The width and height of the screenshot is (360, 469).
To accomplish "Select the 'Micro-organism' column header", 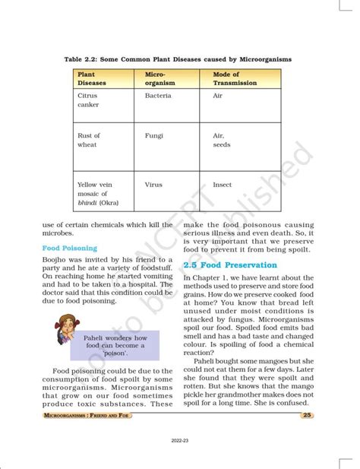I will [x=159, y=78].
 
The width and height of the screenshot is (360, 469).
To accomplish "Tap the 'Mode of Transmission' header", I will [x=235, y=78].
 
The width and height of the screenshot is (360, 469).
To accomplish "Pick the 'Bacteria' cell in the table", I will [x=157, y=96].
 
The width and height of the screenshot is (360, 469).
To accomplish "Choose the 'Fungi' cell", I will [x=154, y=135].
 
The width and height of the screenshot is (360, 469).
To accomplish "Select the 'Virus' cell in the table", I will [x=154, y=184].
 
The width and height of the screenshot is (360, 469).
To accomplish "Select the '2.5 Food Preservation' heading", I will [x=232, y=265].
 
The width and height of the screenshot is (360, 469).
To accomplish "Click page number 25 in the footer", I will [x=307, y=415].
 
